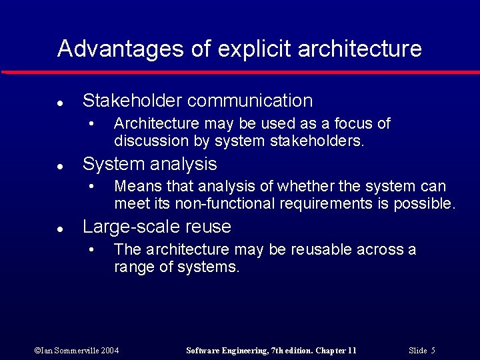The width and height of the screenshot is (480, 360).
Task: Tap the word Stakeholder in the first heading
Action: pyautogui.click(x=132, y=101)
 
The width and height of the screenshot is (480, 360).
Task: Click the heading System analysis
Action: pyautogui.click(x=149, y=164)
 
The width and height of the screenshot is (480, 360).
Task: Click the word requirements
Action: pyautogui.click(x=324, y=204)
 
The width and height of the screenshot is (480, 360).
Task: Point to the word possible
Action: pyautogui.click(x=424, y=204)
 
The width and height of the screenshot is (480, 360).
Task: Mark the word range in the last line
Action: pyautogui.click(x=131, y=267)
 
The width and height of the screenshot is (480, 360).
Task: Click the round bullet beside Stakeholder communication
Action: pyautogui.click(x=60, y=103)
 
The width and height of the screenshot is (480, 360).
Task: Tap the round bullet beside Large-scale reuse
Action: pyautogui.click(x=60, y=229)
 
